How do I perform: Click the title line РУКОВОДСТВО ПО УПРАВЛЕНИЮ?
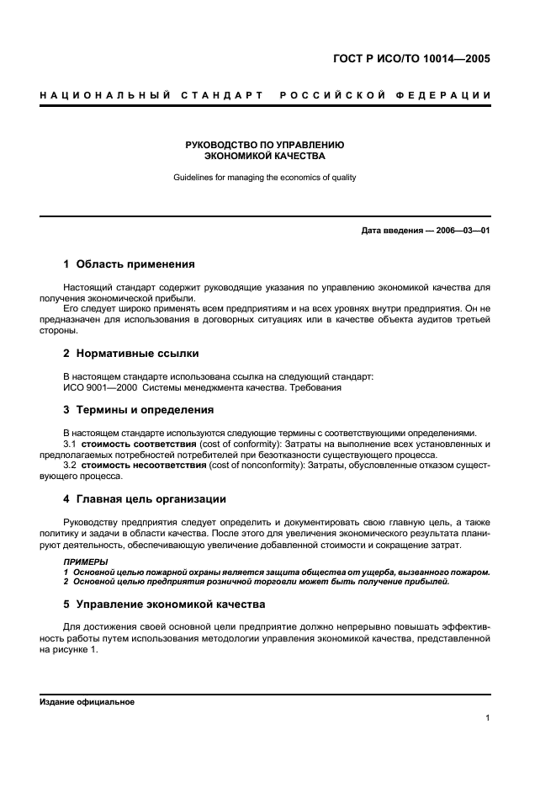(x=265, y=145)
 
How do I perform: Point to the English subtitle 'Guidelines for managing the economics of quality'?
(x=265, y=178)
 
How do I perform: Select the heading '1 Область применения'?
(x=129, y=264)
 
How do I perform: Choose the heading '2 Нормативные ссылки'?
(x=131, y=354)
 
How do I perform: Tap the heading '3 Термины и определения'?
(x=139, y=410)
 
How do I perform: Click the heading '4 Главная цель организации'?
(x=145, y=499)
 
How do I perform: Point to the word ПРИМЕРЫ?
(x=86, y=561)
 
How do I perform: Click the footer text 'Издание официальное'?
(x=87, y=701)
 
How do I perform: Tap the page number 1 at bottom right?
(x=487, y=718)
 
